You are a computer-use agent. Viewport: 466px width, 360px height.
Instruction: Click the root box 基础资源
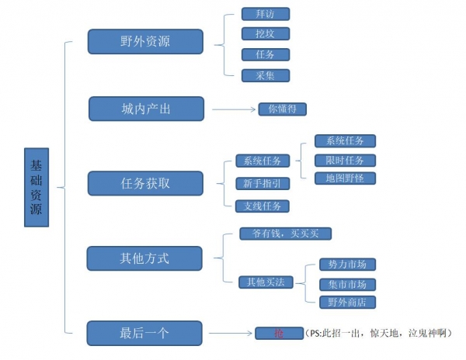[37, 187]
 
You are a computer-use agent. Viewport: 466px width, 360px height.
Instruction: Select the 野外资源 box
[145, 42]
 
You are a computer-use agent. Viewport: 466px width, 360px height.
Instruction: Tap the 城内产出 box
[146, 109]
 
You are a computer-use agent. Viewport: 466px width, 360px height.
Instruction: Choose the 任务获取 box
[145, 183]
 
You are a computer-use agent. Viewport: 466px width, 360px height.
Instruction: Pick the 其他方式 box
[144, 258]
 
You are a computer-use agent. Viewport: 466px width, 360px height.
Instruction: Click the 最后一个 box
[144, 333]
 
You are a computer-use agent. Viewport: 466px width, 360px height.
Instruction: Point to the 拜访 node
[255, 14]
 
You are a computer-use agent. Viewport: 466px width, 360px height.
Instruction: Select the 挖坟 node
[255, 34]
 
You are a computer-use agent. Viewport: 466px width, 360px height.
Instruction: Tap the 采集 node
[255, 75]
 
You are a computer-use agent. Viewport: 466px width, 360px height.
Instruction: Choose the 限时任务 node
[345, 160]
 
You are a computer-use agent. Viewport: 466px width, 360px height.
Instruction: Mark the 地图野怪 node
[345, 178]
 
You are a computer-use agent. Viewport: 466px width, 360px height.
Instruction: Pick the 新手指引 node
[262, 184]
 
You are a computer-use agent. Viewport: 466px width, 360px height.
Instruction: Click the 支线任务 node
[262, 206]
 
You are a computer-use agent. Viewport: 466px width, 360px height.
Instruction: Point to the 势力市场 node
[347, 265]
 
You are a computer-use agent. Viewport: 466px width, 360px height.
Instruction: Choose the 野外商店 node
[347, 302]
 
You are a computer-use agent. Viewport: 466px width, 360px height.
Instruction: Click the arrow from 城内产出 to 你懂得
[234, 109]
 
